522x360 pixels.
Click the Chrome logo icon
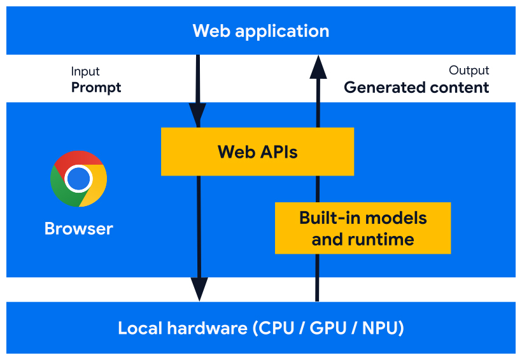click(78, 179)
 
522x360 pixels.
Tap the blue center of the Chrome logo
click(78, 179)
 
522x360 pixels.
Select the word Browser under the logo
click(78, 228)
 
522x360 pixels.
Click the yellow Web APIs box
click(257, 151)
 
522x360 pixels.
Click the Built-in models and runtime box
click(363, 228)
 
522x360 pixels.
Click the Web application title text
click(261, 31)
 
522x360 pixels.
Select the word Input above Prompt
click(85, 71)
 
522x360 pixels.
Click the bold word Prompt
click(95, 88)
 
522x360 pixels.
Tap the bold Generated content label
click(416, 88)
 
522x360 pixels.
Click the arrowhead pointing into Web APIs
click(198, 114)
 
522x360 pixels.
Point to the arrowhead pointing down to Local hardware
click(199, 289)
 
